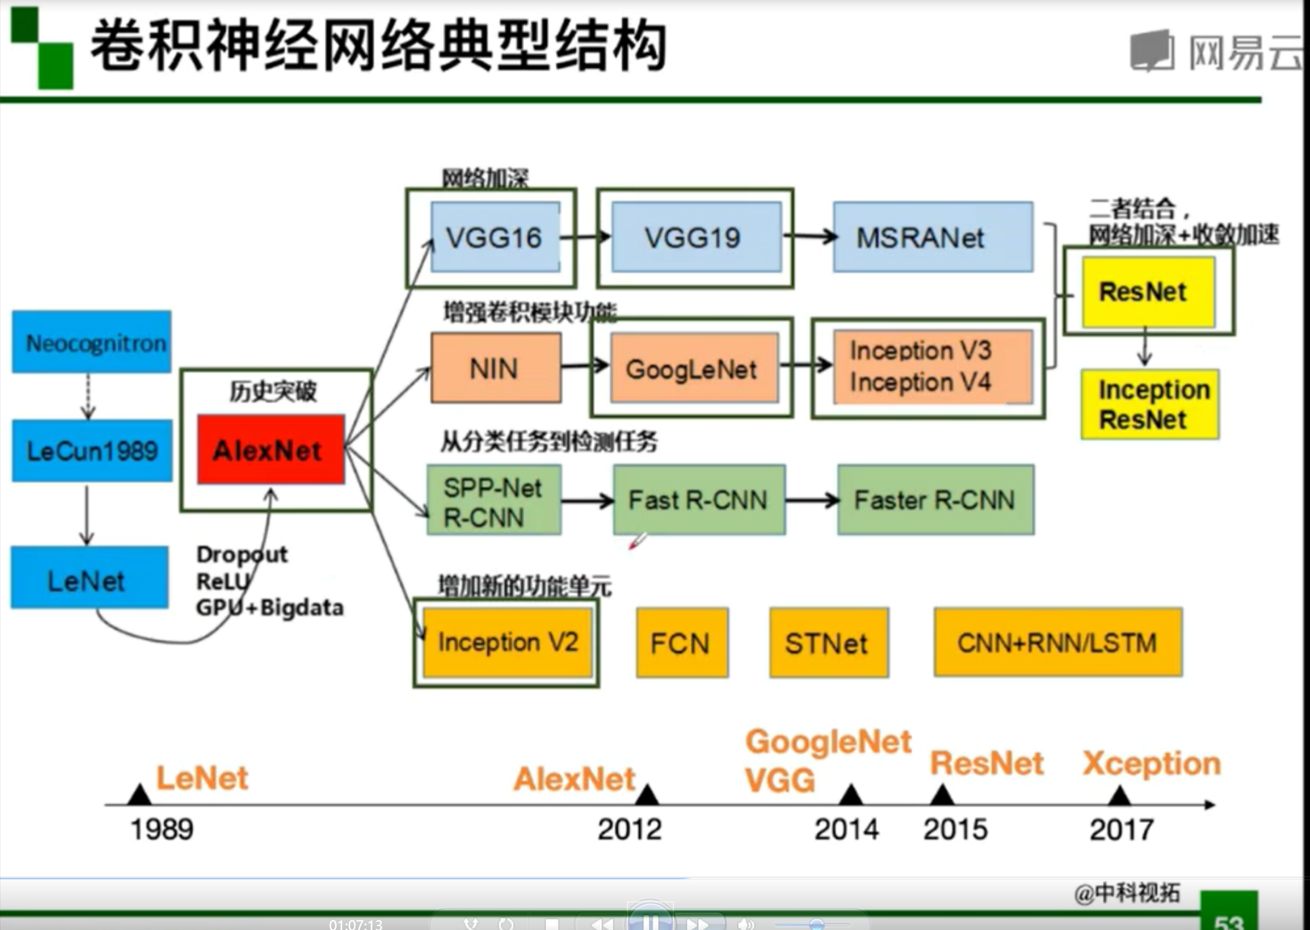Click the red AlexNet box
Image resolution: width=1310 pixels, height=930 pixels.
[270, 449]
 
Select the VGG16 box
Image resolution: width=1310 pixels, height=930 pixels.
[495, 237]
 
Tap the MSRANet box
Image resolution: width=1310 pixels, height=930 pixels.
[932, 237]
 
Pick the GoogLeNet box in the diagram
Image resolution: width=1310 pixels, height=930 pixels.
[694, 369]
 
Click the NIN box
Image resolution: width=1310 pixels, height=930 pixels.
[495, 368]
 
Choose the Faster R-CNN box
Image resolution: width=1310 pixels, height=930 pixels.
[935, 500]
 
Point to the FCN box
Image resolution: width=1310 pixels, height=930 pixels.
[681, 643]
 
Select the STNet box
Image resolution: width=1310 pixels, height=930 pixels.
[828, 643]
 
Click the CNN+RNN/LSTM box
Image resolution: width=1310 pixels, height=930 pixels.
[1058, 643]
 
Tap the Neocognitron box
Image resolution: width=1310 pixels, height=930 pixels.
[92, 342]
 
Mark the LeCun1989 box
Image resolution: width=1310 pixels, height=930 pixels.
[92, 451]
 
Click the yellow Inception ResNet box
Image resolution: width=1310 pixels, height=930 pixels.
[1149, 405]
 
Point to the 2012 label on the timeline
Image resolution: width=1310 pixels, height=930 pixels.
[629, 830]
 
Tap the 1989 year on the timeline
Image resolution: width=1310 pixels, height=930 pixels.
[162, 830]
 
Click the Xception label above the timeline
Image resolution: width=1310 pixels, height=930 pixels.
[1151, 763]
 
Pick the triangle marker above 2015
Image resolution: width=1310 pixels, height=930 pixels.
[942, 796]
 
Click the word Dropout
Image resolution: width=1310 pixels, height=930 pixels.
[242, 555]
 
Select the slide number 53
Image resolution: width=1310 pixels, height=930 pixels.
[1229, 920]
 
